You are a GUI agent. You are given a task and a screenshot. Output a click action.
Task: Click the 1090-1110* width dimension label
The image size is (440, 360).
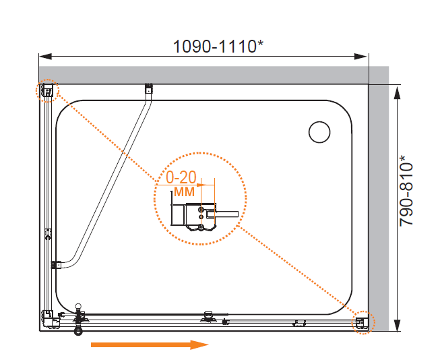point(218,47)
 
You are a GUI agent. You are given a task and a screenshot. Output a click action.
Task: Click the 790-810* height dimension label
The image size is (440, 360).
point(406,190)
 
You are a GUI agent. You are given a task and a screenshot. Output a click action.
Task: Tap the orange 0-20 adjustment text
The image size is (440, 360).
point(181,177)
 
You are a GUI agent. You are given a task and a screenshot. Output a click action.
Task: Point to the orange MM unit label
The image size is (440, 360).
point(184,191)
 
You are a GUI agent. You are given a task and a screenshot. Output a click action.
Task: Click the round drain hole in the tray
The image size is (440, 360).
point(319,132)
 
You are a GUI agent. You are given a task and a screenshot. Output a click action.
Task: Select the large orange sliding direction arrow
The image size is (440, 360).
point(150,344)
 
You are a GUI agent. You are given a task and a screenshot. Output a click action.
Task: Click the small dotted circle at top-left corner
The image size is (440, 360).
point(47,91)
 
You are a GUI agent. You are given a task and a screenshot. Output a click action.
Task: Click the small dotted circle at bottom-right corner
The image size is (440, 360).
point(363,322)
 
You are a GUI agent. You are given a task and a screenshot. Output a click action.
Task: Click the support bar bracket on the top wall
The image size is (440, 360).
point(148,88)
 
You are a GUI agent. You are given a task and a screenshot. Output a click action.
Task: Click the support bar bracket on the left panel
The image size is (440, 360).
point(56,265)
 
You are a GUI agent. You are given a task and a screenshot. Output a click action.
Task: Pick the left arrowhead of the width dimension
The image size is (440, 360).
point(45,57)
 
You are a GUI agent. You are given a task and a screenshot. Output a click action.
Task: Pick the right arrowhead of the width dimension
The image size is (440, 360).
point(361,57)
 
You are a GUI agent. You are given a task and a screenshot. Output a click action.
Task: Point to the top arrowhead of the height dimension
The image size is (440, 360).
point(397,92)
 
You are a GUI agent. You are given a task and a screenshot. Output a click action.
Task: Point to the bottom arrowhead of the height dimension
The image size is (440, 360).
point(397,325)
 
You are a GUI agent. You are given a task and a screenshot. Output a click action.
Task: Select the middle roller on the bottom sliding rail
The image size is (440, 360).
point(208,317)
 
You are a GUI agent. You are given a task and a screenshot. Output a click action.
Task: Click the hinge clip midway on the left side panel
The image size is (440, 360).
point(49,234)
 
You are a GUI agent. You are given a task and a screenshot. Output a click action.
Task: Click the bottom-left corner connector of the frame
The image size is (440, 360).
point(50,320)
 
